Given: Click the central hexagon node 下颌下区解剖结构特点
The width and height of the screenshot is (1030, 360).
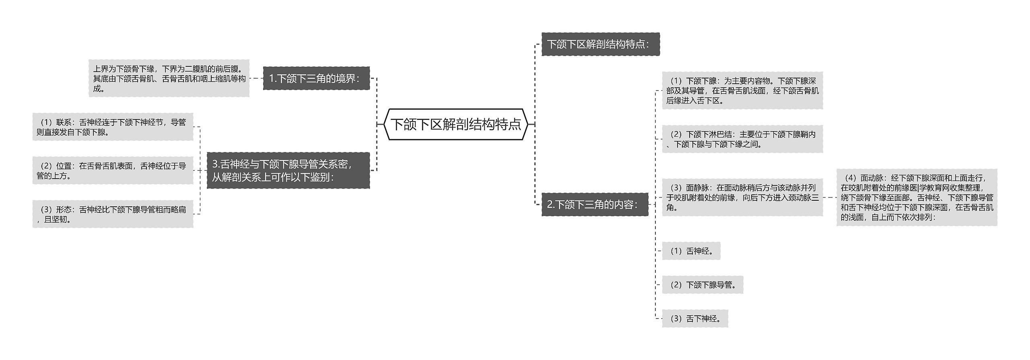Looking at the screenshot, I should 455,124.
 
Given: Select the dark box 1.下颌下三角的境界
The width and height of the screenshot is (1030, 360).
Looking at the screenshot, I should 316,78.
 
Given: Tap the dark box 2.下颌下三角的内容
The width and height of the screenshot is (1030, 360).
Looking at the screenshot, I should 594,204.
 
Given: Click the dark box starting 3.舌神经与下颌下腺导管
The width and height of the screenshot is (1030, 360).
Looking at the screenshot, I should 288,170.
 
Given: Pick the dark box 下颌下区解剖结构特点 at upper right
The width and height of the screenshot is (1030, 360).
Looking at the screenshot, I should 600,44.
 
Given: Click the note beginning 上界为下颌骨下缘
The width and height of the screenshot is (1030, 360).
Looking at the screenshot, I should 169,78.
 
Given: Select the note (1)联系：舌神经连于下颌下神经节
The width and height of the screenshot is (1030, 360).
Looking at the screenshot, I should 113,127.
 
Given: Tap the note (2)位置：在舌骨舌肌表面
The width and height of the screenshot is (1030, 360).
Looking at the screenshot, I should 113,171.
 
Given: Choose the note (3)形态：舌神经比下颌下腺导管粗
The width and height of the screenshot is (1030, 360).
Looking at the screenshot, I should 113,214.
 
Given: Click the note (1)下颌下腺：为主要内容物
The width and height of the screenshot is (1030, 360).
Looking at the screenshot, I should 742,91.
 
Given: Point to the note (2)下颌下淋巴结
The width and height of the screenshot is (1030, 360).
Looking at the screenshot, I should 742,139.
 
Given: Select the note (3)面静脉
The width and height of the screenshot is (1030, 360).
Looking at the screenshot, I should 742,197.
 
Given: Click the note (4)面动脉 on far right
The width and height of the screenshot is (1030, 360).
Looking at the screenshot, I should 917,197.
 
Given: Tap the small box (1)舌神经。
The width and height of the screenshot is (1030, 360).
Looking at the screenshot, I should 691,251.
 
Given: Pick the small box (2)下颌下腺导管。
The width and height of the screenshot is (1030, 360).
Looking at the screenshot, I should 702,285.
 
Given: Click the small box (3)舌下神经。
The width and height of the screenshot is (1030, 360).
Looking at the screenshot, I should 694,319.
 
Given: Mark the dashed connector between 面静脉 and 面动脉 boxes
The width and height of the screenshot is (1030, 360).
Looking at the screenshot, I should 830,197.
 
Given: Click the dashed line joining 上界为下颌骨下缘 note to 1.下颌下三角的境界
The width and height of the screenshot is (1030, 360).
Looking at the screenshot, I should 256,78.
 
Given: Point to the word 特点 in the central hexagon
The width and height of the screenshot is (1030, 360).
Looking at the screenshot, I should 508,124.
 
